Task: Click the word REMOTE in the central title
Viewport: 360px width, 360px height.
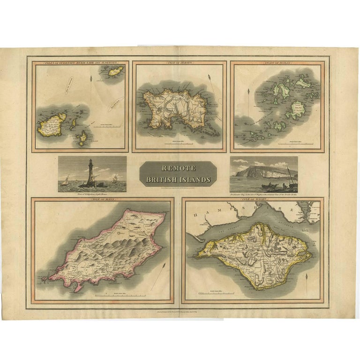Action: coord(178,168)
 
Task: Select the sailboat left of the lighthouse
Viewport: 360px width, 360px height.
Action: coord(66,181)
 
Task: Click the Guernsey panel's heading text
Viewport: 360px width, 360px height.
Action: coord(80,62)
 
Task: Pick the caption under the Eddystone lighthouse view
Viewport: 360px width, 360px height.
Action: coord(92,195)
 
